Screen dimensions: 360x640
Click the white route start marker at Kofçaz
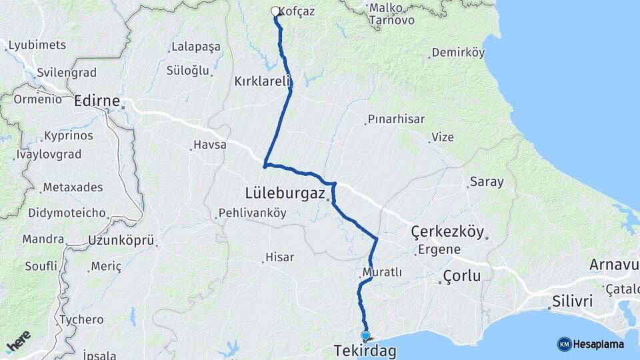(275, 11)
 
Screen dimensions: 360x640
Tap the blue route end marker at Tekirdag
(365, 335)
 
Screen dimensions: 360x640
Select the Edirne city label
(97, 101)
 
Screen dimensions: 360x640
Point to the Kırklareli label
(263, 81)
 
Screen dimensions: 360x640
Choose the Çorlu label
(461, 275)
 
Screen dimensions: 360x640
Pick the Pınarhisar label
(398, 119)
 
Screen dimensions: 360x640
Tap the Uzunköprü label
(121, 240)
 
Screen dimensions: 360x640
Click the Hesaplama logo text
(597, 345)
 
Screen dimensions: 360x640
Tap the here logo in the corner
(18, 341)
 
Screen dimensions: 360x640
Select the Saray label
(487, 181)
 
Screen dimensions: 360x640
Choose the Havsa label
(209, 145)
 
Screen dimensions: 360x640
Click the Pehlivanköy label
(254, 213)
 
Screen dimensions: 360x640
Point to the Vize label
(443, 137)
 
